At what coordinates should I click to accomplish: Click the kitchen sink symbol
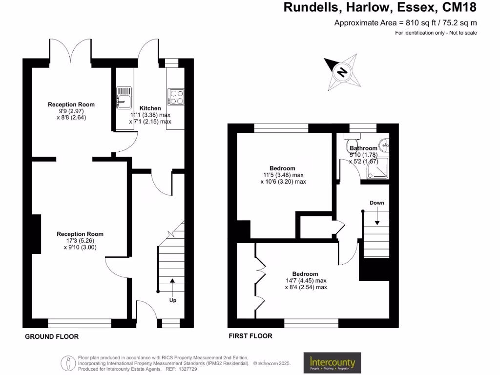coord(124,97)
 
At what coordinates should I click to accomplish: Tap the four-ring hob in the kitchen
coord(176,97)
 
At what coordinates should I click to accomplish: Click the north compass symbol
coord(342,73)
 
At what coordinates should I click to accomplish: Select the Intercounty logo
coord(332,363)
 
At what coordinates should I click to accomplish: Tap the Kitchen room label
coord(150,108)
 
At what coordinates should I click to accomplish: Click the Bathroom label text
coord(363,148)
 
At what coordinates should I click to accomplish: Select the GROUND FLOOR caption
coord(52,336)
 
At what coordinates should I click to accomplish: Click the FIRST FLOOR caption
coord(250,336)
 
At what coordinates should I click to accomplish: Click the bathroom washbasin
coord(385,144)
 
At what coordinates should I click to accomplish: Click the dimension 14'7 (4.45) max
coord(306,281)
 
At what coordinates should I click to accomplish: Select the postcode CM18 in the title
coord(459,7)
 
